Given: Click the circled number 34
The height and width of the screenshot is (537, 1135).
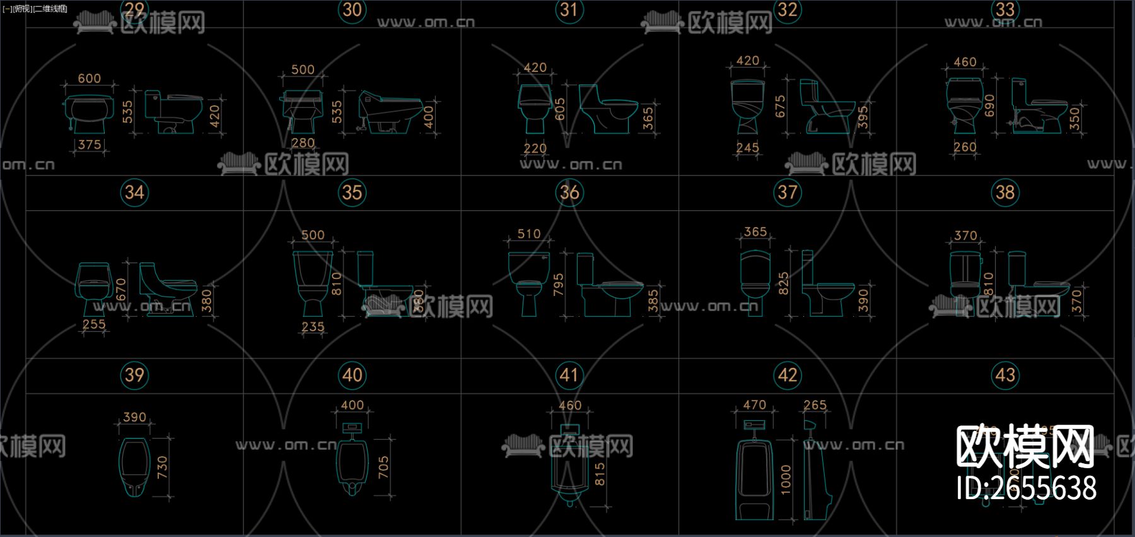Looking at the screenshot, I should (x=134, y=192).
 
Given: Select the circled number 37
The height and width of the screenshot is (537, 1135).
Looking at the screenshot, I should (x=787, y=192).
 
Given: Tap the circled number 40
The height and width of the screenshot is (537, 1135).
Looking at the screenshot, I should (x=352, y=375).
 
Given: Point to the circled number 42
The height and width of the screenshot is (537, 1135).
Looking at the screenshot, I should (x=787, y=375).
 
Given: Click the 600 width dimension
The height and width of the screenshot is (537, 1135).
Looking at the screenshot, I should (x=89, y=78).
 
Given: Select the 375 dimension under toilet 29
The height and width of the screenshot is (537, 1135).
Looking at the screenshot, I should (x=90, y=145).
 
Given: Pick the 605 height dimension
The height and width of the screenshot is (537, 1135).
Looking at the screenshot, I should (x=559, y=109).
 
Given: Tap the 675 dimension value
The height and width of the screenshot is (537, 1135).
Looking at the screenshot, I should (x=780, y=107).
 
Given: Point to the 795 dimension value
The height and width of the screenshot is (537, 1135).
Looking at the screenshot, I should (x=558, y=285).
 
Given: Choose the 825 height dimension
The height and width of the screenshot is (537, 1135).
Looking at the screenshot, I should (x=783, y=284).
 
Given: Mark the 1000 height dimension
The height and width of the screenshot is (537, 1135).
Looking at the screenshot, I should (x=786, y=480).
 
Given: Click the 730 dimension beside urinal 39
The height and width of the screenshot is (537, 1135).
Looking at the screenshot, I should (x=162, y=467).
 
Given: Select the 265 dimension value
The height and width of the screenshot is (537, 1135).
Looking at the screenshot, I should (x=815, y=404).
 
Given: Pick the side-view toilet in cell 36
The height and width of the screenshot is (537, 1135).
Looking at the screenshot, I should (x=608, y=287).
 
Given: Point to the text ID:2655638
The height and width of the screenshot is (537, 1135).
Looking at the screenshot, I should (x=1026, y=488).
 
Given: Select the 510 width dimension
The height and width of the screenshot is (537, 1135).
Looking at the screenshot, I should (x=528, y=234).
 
